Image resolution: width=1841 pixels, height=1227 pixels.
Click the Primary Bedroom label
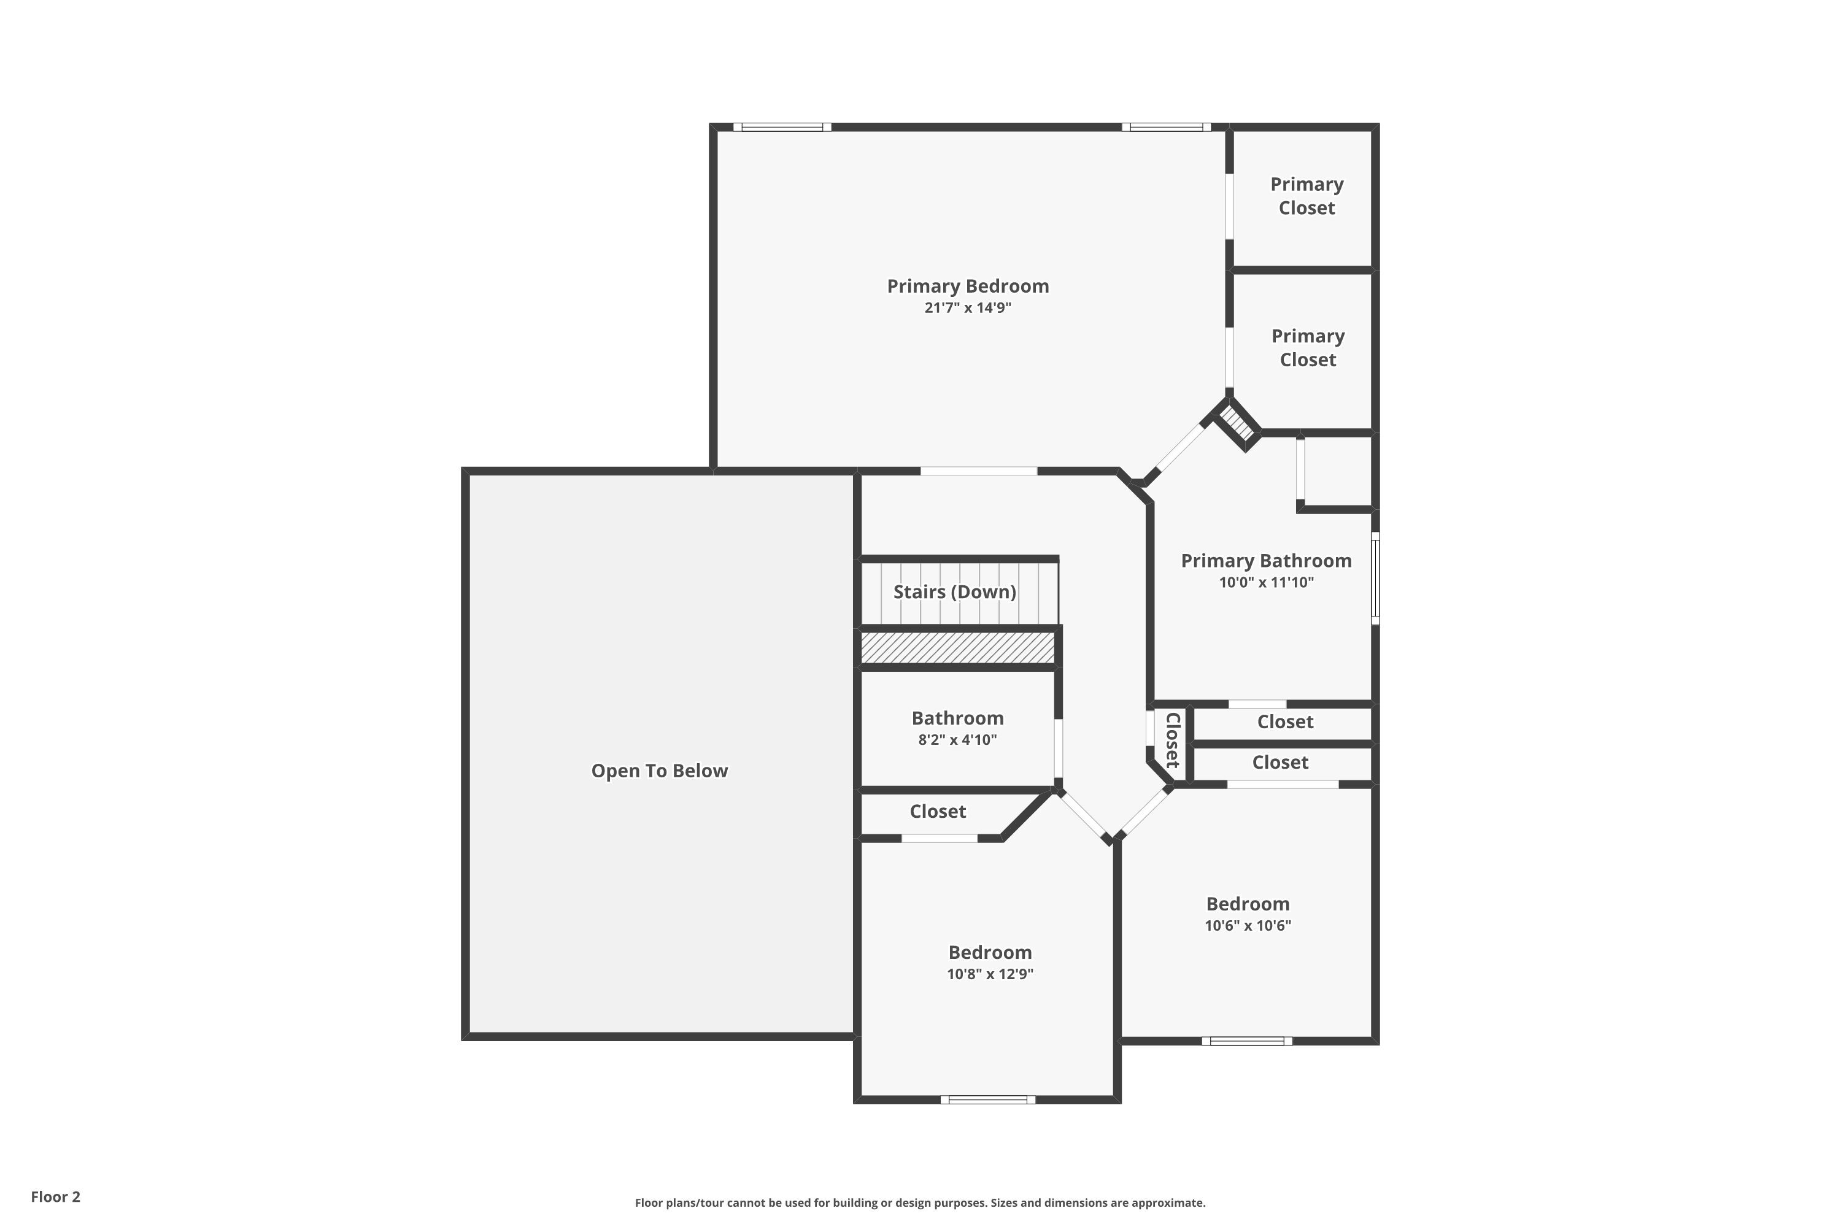pos(968,287)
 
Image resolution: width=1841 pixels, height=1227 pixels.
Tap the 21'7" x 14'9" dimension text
pos(968,307)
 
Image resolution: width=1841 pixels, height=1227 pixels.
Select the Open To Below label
pos(659,771)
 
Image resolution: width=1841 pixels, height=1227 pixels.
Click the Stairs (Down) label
pos(954,591)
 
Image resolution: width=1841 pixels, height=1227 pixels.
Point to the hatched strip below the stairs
pos(957,648)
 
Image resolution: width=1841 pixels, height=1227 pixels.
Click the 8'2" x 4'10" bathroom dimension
pos(957,739)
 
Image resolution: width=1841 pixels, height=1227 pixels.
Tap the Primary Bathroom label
pos(1265,561)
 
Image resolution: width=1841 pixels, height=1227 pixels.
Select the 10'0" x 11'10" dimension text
pos(1265,582)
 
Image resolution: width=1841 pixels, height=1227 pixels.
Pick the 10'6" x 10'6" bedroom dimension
pos(1248,926)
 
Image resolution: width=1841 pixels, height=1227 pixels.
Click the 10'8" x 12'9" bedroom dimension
pos(989,974)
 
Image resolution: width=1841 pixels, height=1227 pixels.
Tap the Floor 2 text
pos(56,1196)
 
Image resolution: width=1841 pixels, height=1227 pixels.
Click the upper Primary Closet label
pos(1306,196)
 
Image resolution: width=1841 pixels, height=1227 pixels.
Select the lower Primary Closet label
pos(1307,347)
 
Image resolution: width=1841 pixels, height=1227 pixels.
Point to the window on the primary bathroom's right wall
pos(1375,579)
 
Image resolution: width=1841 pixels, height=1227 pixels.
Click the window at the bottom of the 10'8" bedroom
pos(988,1099)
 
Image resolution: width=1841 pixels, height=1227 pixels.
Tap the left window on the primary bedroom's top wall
pos(782,127)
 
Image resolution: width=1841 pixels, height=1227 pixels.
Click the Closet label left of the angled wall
pos(937,812)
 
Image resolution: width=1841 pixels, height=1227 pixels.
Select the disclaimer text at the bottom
pos(920,1202)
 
